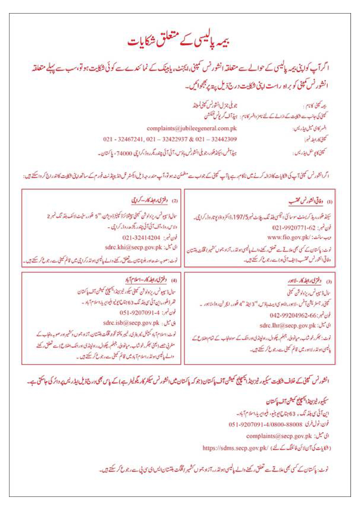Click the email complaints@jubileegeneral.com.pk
click(x=192, y=128)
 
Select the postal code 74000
click(x=124, y=153)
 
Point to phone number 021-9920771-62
click(x=294, y=228)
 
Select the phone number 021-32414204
click(x=141, y=238)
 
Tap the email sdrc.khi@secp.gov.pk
click(x=134, y=248)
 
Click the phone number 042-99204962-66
click(x=293, y=316)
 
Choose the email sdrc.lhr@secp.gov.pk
click(x=288, y=325)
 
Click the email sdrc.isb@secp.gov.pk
click(x=131, y=323)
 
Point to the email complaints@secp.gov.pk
click(x=279, y=436)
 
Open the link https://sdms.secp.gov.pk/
click(x=235, y=448)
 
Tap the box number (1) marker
click(x=330, y=202)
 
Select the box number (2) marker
click(x=175, y=201)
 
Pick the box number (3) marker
click(x=329, y=282)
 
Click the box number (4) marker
click(x=174, y=280)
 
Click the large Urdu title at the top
click(x=179, y=42)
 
